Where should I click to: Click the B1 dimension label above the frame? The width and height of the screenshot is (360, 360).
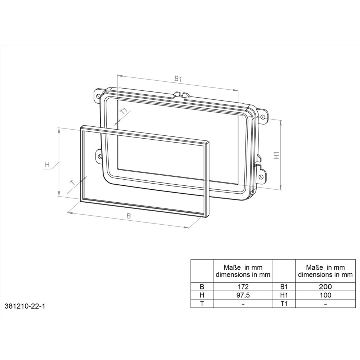click(x=178, y=78)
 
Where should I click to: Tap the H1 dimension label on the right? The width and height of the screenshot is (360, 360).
click(x=276, y=156)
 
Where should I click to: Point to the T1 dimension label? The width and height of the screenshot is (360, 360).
click(x=124, y=111)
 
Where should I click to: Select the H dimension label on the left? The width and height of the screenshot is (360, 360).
click(x=47, y=165)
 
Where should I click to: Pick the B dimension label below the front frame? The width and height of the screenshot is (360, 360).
click(x=128, y=216)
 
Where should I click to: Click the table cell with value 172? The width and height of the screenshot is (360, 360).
click(x=243, y=287)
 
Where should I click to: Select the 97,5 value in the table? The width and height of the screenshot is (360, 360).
click(x=243, y=295)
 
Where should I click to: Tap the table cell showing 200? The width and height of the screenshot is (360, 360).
click(x=325, y=287)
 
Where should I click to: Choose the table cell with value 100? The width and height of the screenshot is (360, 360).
click(x=325, y=295)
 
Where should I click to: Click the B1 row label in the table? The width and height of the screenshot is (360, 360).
click(x=284, y=287)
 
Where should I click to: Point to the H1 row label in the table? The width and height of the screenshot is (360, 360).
click(x=284, y=295)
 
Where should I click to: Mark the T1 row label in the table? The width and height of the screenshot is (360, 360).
click(x=284, y=303)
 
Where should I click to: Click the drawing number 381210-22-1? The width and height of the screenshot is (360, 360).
click(x=25, y=306)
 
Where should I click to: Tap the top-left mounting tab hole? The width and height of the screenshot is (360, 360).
click(x=97, y=96)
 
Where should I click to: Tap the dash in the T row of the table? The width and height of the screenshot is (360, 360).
click(x=243, y=303)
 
